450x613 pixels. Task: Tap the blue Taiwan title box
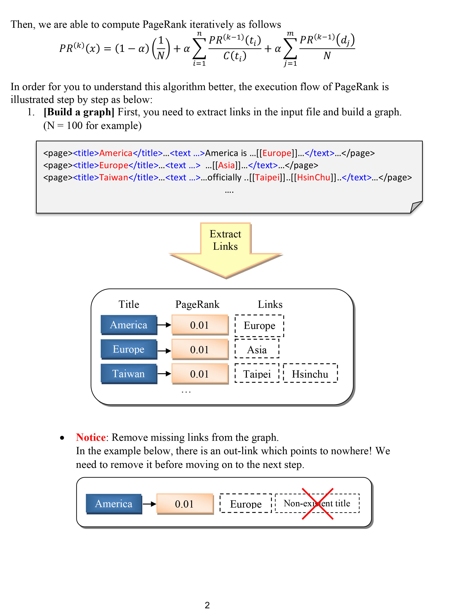(129, 374)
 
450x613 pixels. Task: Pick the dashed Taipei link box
(257, 374)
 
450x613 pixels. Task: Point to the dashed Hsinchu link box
(310, 374)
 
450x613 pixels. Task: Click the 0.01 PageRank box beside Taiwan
(200, 374)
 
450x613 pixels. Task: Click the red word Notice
(91, 437)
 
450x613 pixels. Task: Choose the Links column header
(270, 304)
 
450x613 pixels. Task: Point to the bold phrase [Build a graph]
(79, 112)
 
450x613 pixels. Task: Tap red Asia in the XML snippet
(226, 165)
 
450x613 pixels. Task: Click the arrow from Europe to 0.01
(164, 351)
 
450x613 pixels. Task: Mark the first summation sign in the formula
(199, 48)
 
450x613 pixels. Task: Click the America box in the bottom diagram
(114, 504)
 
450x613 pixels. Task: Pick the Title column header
(129, 304)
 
